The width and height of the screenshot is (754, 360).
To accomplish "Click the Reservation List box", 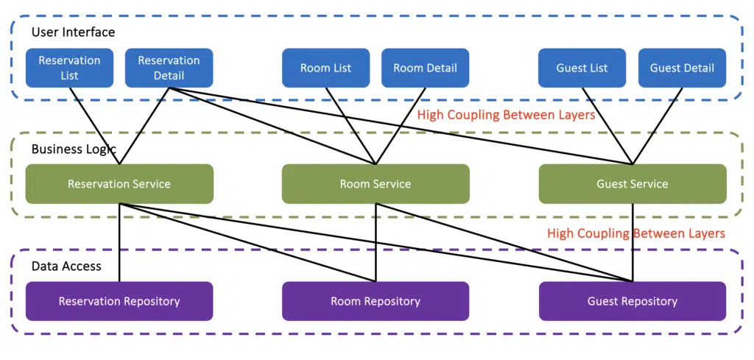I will (x=69, y=68).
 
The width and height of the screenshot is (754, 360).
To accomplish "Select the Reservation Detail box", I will (x=169, y=68).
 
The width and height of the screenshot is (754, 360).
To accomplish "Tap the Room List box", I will (x=325, y=68).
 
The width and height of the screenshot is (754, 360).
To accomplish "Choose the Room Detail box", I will (x=425, y=68).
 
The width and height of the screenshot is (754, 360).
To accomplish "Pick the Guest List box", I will (x=582, y=68).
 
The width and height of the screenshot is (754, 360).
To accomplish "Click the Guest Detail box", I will (x=682, y=68).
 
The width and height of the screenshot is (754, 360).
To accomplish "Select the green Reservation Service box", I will (x=119, y=184).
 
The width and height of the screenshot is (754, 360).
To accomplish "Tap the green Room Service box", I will (x=376, y=184).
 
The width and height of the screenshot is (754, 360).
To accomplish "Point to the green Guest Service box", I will (x=633, y=184).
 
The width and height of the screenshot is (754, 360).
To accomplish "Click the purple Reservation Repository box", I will (x=119, y=301).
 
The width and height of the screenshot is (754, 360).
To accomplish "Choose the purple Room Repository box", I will (x=376, y=301).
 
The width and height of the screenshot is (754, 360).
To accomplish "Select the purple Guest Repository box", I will (x=633, y=301).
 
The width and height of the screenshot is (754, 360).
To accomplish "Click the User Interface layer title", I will (x=73, y=32).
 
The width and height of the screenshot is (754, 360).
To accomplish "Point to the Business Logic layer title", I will (x=74, y=149).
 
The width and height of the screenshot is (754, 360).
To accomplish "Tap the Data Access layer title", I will (x=66, y=266).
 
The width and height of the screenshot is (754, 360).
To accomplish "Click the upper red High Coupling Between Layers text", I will (x=506, y=116).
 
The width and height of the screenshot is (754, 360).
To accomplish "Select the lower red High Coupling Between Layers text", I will (x=636, y=233).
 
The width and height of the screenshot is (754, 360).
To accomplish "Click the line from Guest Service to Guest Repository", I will (x=633, y=243).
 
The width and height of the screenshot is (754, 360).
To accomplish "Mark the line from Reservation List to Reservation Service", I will (x=94, y=125).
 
